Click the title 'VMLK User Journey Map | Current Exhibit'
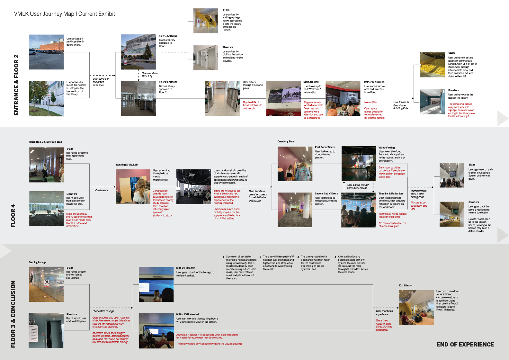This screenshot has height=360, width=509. point(64,14)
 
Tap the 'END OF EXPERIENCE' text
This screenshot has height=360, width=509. point(465,345)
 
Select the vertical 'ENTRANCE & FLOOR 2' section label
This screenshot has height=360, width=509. point(16,85)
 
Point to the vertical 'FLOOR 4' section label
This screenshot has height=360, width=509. point(13,215)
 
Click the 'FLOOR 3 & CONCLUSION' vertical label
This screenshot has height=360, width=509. point(13,314)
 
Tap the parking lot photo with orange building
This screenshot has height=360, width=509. point(46,52)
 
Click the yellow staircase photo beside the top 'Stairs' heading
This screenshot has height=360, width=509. point(206,21)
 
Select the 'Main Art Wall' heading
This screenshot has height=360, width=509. point(311,82)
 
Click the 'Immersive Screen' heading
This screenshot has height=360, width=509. point(374,82)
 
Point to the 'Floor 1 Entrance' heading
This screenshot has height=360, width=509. point(168,36)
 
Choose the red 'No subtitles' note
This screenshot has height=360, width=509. point(371,102)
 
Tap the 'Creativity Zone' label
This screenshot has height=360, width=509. point(286,141)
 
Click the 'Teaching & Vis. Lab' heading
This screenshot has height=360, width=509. point(127,165)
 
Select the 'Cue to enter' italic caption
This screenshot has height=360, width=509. point(102,190)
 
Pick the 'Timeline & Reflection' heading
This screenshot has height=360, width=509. point(390,194)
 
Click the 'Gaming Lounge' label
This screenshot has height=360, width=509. point(38,262)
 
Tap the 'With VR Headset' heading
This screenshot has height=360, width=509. point(186,268)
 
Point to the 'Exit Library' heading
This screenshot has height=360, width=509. point(405,285)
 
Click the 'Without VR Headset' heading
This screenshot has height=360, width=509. point(187,314)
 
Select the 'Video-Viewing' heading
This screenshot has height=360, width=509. point(387,148)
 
